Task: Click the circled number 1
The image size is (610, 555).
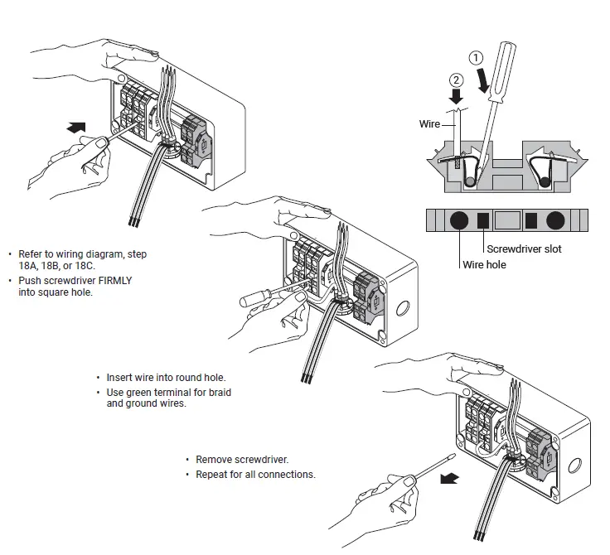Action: [475, 59]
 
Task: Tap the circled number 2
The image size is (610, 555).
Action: [455, 80]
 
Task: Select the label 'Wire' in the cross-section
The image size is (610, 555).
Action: [429, 124]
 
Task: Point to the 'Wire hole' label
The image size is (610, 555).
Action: [484, 265]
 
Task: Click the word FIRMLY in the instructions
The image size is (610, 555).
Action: [114, 281]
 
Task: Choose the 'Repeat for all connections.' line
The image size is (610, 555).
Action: [255, 475]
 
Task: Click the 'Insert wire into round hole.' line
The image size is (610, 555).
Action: [166, 378]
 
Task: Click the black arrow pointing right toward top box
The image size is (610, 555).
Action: [75, 127]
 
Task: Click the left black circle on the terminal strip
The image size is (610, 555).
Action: [457, 220]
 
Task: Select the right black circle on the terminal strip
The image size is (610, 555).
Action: [555, 220]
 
